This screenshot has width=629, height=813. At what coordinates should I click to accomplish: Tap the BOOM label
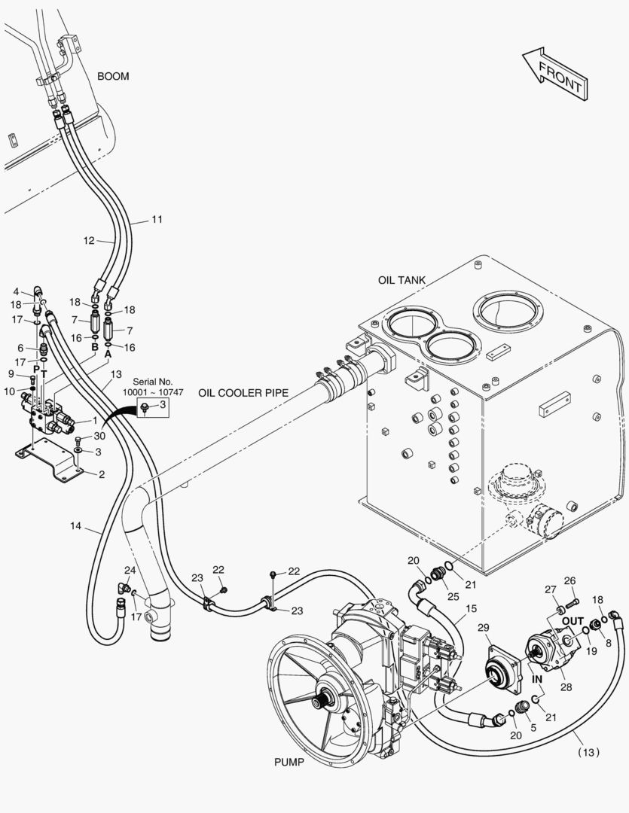[x=113, y=76]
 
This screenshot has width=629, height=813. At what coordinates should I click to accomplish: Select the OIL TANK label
[x=402, y=280]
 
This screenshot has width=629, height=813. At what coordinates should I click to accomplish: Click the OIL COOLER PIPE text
[x=247, y=393]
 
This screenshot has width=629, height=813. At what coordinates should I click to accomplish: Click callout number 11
[x=157, y=220]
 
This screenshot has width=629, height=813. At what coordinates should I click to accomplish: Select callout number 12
[x=89, y=241]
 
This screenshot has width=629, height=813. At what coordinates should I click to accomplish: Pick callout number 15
[x=471, y=608]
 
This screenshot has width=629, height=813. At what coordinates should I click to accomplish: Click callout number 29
[x=484, y=628]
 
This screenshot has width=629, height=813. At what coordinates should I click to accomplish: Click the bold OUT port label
[x=573, y=620]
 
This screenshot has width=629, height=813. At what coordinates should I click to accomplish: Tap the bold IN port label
[x=538, y=678]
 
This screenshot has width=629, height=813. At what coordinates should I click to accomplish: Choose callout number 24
[x=130, y=570]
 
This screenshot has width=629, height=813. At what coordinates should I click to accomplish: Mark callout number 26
[x=569, y=580]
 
